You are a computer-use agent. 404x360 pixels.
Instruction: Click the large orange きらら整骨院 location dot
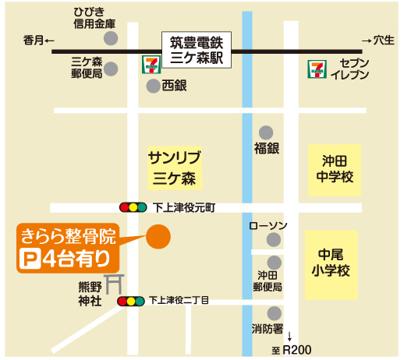pyautogui.click(x=159, y=237)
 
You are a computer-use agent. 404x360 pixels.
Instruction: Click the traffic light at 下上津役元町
pyautogui.click(x=133, y=207)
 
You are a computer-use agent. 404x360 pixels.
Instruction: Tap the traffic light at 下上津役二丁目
pyautogui.click(x=130, y=300)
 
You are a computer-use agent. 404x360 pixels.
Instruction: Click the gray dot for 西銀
pyautogui.click(x=153, y=86)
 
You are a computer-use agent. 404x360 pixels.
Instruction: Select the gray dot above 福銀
pyautogui.click(x=267, y=132)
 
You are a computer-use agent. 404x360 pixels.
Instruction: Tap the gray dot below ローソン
pyautogui.click(x=274, y=240)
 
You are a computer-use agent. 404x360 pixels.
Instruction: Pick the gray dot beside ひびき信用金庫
pyautogui.click(x=111, y=38)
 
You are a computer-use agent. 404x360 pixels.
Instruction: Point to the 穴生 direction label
pyautogui.click(x=378, y=40)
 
